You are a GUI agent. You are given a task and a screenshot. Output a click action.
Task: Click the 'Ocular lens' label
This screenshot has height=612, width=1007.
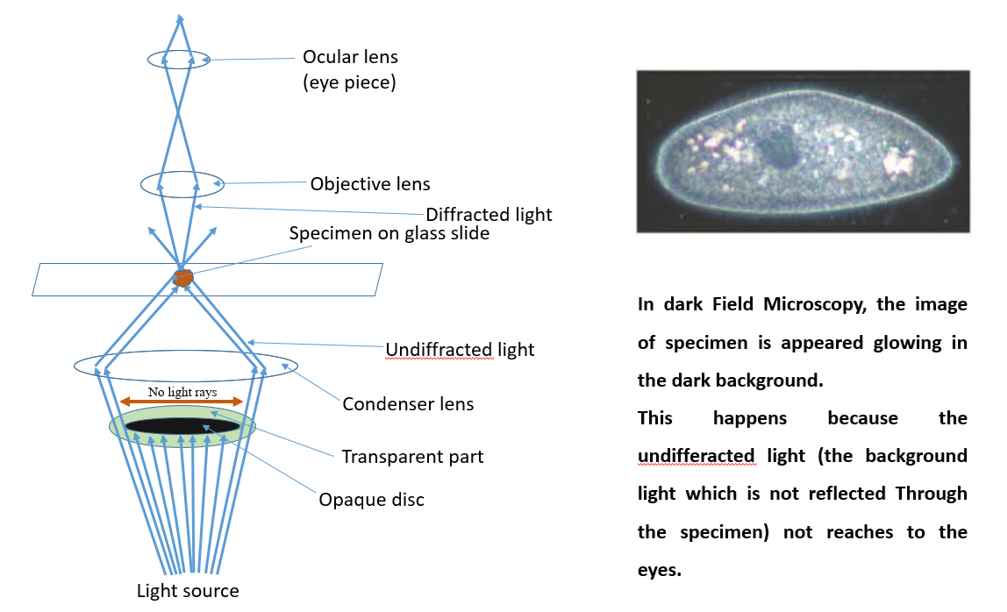pyautogui.click(x=350, y=57)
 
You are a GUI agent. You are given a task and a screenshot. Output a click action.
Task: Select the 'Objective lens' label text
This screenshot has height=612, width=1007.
pyautogui.click(x=370, y=184)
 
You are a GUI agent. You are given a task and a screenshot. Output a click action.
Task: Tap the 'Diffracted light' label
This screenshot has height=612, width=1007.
pyautogui.click(x=489, y=214)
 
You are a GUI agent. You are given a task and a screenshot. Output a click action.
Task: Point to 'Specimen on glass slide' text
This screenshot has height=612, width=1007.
pyautogui.click(x=389, y=234)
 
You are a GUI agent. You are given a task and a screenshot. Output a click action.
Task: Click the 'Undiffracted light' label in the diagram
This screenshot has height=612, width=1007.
pyautogui.click(x=460, y=350)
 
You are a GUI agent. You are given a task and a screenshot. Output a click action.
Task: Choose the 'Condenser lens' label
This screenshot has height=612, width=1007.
pyautogui.click(x=408, y=404)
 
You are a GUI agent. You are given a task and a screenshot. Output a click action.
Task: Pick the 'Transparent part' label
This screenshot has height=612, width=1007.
pyautogui.click(x=412, y=457)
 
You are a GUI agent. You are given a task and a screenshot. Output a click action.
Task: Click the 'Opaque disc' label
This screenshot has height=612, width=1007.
pyautogui.click(x=371, y=500)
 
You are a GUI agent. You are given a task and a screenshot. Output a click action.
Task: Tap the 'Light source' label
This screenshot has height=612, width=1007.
pyautogui.click(x=188, y=591)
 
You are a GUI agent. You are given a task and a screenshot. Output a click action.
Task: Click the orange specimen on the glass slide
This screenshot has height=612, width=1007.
pyautogui.click(x=182, y=277)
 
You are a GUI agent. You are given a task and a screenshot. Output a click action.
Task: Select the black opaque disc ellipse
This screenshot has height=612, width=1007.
pyautogui.click(x=182, y=426)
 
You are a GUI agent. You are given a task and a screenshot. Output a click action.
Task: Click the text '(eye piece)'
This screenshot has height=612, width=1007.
pyautogui.click(x=350, y=83)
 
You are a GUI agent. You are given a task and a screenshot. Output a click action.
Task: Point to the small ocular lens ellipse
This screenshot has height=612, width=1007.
pyautogui.click(x=179, y=60)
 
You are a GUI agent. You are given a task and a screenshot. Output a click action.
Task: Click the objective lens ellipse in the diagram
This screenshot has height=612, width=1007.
pyautogui.click(x=182, y=185)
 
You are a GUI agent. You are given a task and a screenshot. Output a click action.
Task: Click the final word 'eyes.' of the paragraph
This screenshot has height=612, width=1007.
pyautogui.click(x=658, y=570)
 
